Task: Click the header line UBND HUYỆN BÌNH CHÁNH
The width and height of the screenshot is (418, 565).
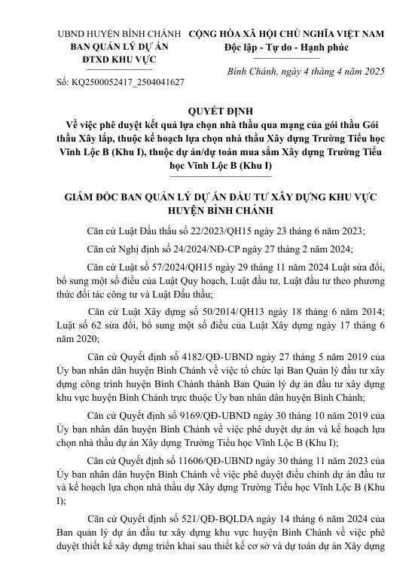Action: (120, 35)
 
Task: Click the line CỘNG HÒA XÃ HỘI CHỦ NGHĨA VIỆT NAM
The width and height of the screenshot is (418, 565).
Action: (286, 35)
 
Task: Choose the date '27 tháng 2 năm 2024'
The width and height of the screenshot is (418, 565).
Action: (311, 249)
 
